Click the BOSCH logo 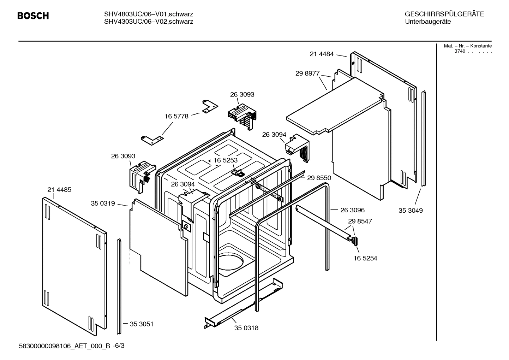pyautogui.click(x=33, y=16)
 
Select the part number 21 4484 pyautogui.click(x=322, y=54)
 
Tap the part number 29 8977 pyautogui.click(x=307, y=73)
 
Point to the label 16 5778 pyautogui.click(x=176, y=116)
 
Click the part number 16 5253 pyautogui.click(x=226, y=160)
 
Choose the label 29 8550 pyautogui.click(x=319, y=178)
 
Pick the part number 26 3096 pyautogui.click(x=352, y=210)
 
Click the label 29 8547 pyautogui.click(x=360, y=221)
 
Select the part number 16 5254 pyautogui.click(x=365, y=258)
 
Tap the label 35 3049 pyautogui.click(x=411, y=211)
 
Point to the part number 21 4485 pyautogui.click(x=59, y=190)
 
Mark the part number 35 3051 pyautogui.click(x=142, y=324)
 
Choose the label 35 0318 pyautogui.click(x=246, y=328)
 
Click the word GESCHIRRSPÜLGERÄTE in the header pyautogui.click(x=444, y=14)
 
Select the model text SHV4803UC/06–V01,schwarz pyautogui.click(x=149, y=14)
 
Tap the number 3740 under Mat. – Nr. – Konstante pyautogui.click(x=460, y=51)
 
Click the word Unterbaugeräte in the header pyautogui.click(x=428, y=22)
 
